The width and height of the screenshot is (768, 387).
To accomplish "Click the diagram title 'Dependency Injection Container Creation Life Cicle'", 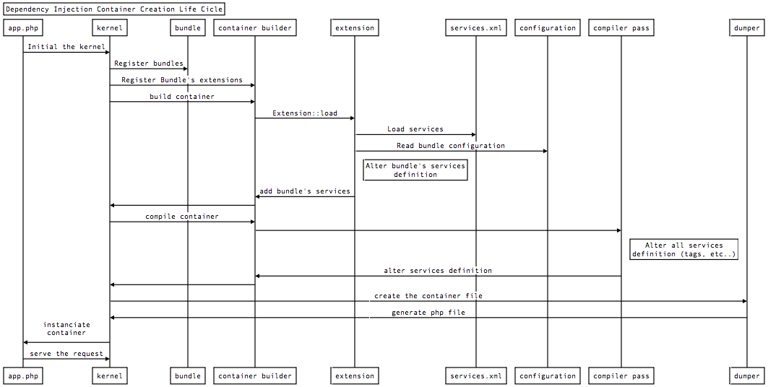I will coord(113,9).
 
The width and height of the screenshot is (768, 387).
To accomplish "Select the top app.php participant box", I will coord(22,28).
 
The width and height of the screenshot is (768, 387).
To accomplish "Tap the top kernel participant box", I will coord(110,28).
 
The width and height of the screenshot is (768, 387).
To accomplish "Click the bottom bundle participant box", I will coord(188,375).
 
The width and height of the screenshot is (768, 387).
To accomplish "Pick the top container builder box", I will coord(255,28).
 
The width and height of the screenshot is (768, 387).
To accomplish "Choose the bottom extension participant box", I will coord(355,375).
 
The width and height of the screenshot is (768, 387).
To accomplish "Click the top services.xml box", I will coord(475,28).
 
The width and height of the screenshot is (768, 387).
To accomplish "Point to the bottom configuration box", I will coord(548,375).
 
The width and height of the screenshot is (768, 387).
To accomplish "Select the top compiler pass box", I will coord(621,28).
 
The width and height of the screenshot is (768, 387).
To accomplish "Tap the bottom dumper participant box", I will coord(747,375).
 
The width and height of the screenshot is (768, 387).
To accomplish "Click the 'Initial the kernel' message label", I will coord(66,47).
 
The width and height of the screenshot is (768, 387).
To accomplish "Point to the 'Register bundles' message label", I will coord(149,64).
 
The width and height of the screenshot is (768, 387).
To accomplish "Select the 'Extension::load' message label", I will coord(305,113).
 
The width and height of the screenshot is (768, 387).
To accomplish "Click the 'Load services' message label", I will coord(415,129).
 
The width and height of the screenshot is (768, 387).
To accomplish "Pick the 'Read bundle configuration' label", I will coord(451,146).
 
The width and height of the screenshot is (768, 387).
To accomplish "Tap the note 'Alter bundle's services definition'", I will coord(415,170).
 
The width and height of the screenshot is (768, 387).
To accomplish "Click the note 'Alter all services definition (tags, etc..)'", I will coord(684,250).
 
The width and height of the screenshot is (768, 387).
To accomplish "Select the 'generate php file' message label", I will coord(428,313).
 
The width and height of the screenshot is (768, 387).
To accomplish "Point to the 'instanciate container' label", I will coord(66,329).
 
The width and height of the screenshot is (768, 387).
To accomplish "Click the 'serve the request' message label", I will coord(66,354).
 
